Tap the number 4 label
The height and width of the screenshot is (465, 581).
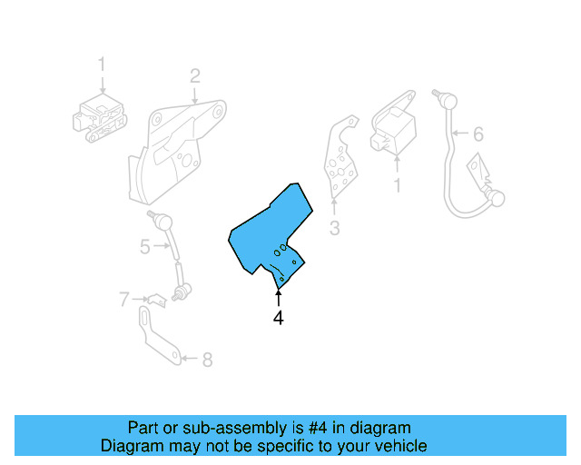pyautogui.click(x=279, y=318)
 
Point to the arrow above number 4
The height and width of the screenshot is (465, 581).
pyautogui.click(x=279, y=299)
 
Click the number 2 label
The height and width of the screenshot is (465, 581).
pyautogui.click(x=194, y=75)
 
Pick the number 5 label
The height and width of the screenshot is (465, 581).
pyautogui.click(x=144, y=246)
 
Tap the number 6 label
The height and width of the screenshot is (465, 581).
pyautogui.click(x=478, y=134)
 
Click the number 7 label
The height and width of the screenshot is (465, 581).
pyautogui.click(x=124, y=297)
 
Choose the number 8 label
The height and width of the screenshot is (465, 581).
pyautogui.click(x=207, y=360)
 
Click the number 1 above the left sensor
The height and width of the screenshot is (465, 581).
pyautogui.click(x=102, y=64)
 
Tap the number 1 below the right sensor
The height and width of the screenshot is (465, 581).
pyautogui.click(x=396, y=186)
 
